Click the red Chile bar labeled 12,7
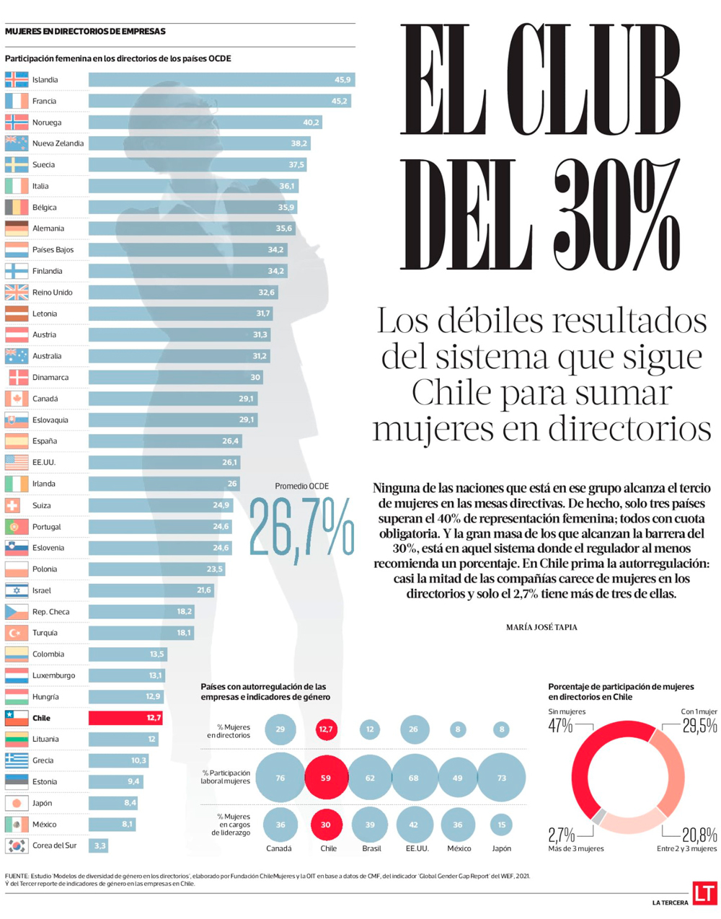[125, 718]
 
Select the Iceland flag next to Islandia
[17, 80]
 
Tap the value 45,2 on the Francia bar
[339, 102]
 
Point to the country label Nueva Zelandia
[58, 143]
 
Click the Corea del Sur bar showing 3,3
[98, 845]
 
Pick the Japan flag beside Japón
[17, 803]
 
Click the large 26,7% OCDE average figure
[301, 528]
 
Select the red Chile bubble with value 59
[326, 778]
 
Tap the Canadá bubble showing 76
[280, 778]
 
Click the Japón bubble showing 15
[501, 825]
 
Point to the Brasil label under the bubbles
[371, 849]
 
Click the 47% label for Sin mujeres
[560, 727]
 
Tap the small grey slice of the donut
[598, 817]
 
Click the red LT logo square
[704, 892]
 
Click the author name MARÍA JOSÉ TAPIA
[541, 628]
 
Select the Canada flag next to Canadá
[17, 399]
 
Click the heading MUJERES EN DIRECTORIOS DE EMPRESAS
[85, 32]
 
